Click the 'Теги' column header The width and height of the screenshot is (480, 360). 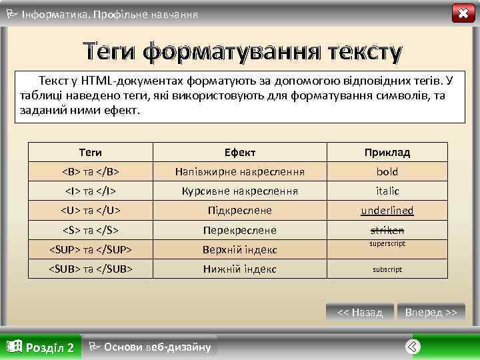91,152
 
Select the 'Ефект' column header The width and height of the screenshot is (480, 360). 240,152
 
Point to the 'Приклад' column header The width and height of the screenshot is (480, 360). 387,152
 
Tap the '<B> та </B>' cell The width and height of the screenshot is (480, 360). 91,171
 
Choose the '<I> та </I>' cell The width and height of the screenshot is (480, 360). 91,191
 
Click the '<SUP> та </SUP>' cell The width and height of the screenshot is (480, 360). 91,250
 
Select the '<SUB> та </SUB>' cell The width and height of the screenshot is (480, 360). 91,269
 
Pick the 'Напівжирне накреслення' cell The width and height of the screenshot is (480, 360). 240,171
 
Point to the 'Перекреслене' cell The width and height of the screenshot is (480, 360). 240,231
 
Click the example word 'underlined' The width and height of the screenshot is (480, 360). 387,211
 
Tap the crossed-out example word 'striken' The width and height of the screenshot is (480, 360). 387,230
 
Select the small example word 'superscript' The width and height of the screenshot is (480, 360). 387,244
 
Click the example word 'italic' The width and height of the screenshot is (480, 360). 387,191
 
